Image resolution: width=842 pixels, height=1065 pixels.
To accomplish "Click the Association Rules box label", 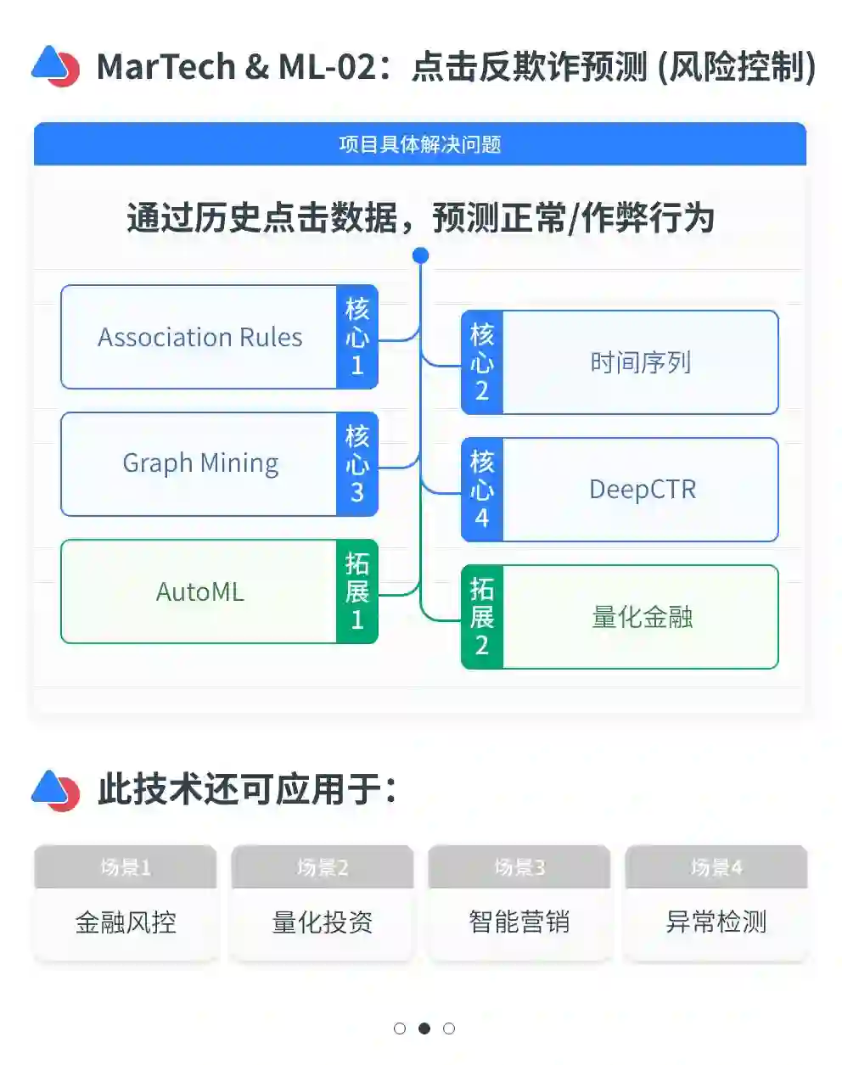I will point(199,338).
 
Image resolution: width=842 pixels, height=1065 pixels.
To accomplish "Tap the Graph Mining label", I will point(200,463).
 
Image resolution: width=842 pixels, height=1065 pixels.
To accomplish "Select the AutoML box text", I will point(200,591).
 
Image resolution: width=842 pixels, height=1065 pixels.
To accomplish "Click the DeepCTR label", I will point(643,490).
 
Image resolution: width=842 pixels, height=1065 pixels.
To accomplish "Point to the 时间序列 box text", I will point(641,362).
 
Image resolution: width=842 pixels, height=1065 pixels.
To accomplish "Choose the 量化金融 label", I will point(643,617).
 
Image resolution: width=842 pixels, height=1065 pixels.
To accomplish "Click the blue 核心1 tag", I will point(357,337).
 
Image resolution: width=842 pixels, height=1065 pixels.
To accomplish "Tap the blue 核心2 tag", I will point(482,362).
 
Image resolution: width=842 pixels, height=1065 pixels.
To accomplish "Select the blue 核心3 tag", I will point(357,464).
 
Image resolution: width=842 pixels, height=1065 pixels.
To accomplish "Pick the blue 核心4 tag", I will point(482,490).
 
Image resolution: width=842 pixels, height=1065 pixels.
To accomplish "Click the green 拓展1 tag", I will point(357,591).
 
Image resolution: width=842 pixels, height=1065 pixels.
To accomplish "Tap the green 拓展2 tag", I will point(482,617).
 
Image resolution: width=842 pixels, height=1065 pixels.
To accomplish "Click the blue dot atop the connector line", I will point(420,255).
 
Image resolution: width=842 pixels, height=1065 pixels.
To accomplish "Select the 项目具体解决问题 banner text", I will point(420,144).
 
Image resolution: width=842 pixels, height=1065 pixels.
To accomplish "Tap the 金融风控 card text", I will point(126,922).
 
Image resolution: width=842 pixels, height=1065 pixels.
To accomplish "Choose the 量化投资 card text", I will point(323,922).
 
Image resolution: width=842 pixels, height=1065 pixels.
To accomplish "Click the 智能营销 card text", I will point(519,922).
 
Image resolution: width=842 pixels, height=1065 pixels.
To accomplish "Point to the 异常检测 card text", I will point(716,922).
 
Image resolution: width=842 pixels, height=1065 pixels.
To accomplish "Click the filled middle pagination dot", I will point(424,1029).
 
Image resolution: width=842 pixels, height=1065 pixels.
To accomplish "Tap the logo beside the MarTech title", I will point(56,66).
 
